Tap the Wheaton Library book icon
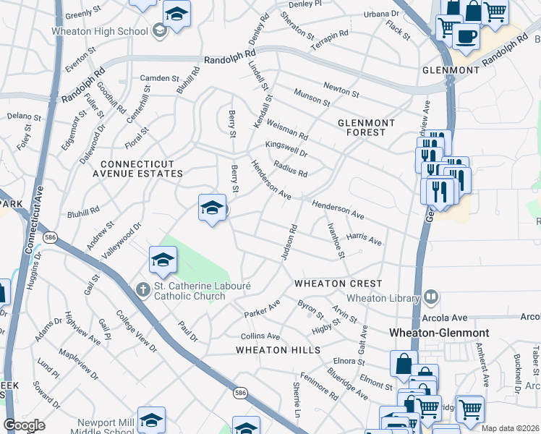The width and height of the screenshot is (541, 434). tap(431, 297)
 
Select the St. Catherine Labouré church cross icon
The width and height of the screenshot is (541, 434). tap(143, 289)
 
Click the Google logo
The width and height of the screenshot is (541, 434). tap(24, 425)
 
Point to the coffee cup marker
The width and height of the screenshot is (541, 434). tap(465, 35)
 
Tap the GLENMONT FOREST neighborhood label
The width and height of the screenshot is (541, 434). tap(367, 127)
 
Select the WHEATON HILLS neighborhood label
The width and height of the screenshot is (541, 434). tap(278, 350)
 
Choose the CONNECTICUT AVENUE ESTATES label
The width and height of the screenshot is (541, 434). tap(137, 169)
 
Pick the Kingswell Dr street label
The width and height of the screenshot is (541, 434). tap(286, 149)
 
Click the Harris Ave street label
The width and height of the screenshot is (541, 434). tap(364, 238)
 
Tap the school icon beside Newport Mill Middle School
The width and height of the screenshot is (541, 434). tap(151, 420)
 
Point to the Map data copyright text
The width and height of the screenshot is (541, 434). tap(510, 428)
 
